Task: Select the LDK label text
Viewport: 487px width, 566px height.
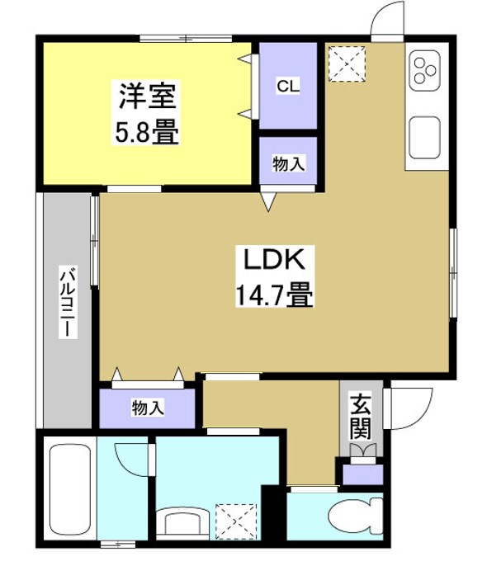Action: click(x=275, y=261)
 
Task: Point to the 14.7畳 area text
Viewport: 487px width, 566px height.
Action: click(x=275, y=295)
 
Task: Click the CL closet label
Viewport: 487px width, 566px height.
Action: click(x=288, y=85)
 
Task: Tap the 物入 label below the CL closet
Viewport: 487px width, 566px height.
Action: click(x=288, y=164)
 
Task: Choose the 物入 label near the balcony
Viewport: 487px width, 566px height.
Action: click(x=148, y=406)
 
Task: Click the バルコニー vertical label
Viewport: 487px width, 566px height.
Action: click(x=65, y=304)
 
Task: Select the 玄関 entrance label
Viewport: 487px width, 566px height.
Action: click(x=360, y=417)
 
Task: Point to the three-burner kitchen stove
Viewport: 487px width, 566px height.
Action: click(x=426, y=69)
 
